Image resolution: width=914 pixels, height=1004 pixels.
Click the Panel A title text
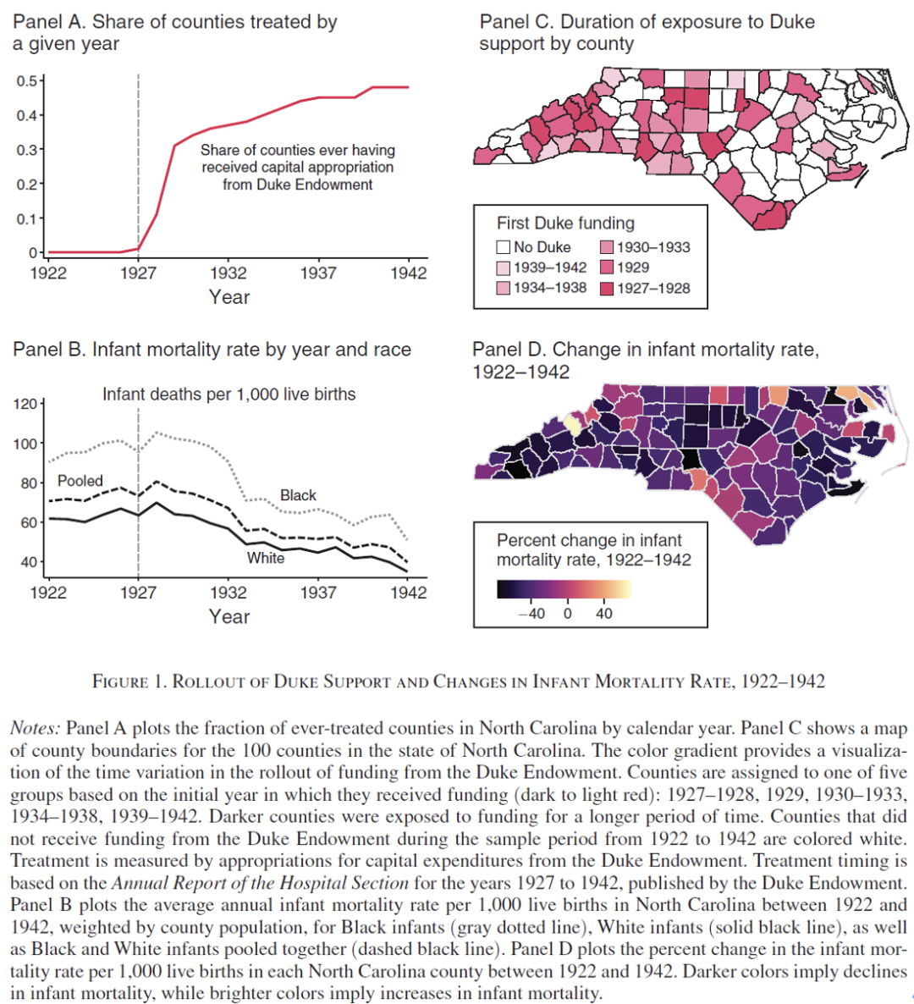point(174,33)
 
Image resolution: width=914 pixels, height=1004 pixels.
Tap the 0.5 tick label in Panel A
point(26,80)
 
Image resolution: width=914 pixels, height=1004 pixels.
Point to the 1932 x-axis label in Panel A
point(228,273)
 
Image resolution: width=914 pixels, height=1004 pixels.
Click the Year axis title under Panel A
point(229,297)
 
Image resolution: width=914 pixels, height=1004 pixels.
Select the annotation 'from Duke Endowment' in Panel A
point(298,185)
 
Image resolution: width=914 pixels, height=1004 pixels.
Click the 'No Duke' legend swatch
point(503,247)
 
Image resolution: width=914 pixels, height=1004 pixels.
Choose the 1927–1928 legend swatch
point(607,288)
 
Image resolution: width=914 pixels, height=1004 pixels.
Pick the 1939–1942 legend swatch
point(503,268)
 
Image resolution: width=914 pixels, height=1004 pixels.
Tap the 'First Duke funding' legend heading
point(566,223)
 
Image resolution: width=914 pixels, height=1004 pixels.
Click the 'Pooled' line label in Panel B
point(80,481)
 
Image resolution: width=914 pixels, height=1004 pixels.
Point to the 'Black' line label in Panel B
point(298,495)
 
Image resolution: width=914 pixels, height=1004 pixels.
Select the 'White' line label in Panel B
point(266,559)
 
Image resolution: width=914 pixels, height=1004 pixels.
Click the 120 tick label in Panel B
point(25,404)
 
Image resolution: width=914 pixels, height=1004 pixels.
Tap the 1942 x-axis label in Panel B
point(409,593)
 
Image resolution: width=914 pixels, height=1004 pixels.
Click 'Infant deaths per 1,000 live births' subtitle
point(229,394)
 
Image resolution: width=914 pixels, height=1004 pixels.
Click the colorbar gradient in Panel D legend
point(564,589)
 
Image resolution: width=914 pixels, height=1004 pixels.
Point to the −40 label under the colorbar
point(531,614)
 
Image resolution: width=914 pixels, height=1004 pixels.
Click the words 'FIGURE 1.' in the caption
point(129,681)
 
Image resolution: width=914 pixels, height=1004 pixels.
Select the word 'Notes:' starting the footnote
point(36,728)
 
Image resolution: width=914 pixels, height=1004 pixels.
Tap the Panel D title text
point(646,361)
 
